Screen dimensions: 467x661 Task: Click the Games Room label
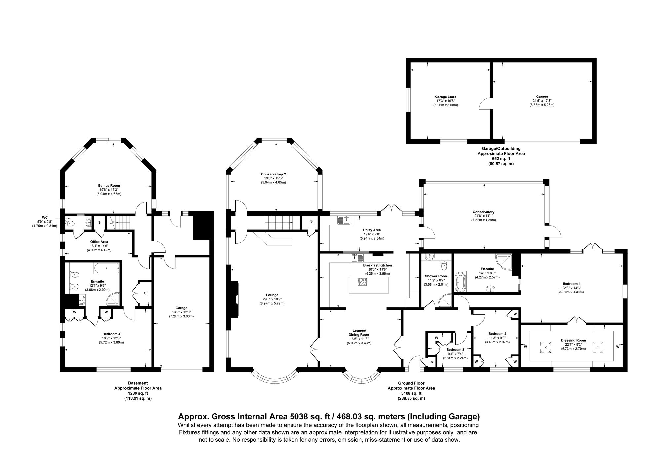tap(109, 186)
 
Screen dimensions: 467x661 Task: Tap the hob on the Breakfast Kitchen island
tap(362, 282)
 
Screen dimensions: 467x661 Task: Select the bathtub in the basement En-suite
tap(106, 268)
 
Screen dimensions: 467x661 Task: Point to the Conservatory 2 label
tap(273, 174)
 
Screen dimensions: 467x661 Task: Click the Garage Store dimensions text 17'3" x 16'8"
tap(446, 101)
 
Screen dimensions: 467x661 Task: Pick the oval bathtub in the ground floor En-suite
tap(460, 282)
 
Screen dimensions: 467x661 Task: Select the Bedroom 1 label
tap(571, 284)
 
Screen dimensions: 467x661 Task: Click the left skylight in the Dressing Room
tap(546, 347)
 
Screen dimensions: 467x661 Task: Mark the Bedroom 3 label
tap(455, 350)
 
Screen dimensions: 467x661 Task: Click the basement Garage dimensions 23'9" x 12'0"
tap(181, 312)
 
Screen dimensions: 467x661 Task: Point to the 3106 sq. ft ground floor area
tap(411, 393)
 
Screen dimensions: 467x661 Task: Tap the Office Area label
tap(99, 242)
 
